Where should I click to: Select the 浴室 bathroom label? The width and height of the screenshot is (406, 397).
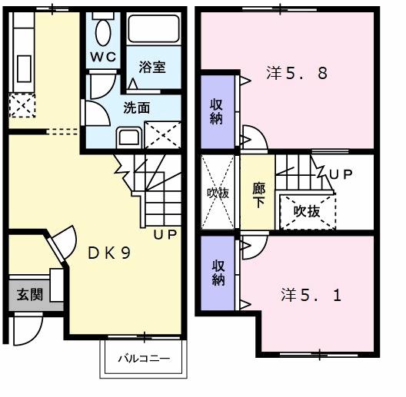[151, 67]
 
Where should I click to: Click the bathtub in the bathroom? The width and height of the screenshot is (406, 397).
[155, 30]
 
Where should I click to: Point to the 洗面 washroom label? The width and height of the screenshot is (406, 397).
[137, 108]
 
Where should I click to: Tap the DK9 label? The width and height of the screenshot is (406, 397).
[107, 251]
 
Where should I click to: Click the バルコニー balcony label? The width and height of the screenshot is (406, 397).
[143, 359]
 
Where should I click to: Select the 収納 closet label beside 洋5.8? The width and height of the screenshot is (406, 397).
[218, 111]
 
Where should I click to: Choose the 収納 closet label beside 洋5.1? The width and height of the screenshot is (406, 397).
[218, 270]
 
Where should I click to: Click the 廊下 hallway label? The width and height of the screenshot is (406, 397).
[259, 193]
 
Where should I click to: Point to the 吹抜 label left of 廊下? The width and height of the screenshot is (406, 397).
[218, 193]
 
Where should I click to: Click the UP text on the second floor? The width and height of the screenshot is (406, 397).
[341, 174]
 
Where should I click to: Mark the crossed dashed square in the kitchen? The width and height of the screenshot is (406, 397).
[22, 104]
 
